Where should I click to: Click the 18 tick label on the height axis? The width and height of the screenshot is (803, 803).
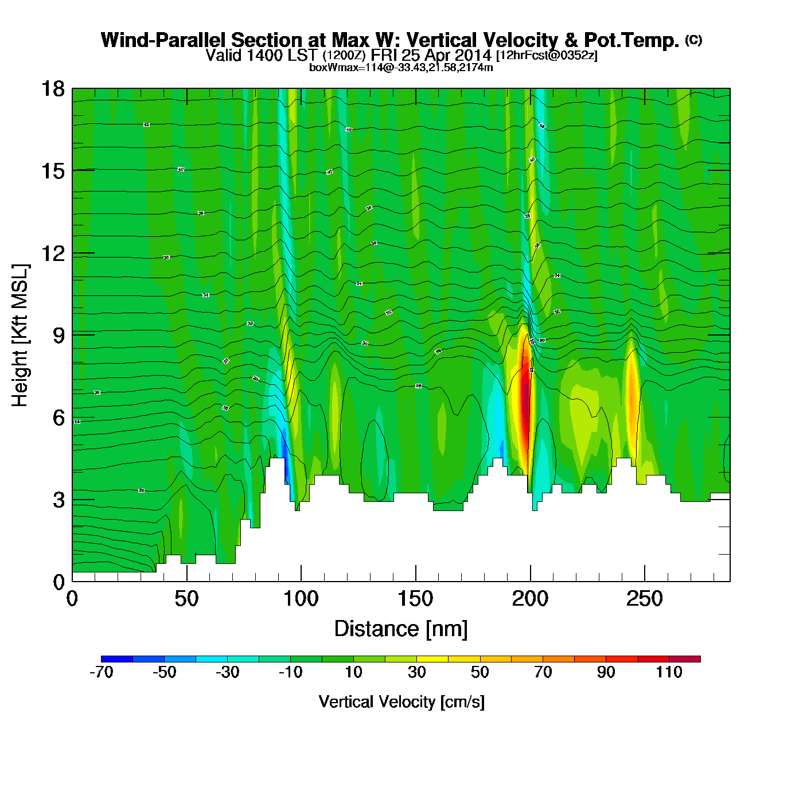click(x=52, y=89)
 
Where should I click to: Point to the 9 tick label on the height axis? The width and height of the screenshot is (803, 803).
click(x=59, y=336)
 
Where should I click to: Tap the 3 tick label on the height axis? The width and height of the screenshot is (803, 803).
click(x=59, y=500)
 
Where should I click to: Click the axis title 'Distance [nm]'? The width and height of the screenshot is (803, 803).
click(x=401, y=629)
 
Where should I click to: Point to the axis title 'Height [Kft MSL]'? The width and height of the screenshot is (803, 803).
click(x=20, y=336)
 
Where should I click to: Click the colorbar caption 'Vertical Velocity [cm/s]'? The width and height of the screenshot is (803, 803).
click(x=402, y=701)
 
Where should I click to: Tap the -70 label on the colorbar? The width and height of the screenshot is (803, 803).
click(x=102, y=672)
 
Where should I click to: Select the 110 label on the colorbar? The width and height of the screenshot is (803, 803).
click(x=669, y=672)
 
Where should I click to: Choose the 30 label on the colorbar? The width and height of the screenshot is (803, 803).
click(x=417, y=672)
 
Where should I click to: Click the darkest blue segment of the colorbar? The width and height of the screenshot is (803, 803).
click(x=117, y=659)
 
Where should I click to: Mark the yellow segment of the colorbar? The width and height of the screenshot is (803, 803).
click(x=432, y=659)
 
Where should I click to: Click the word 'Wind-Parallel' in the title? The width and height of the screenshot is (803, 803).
click(x=164, y=40)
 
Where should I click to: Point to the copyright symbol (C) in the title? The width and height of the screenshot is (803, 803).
click(x=693, y=40)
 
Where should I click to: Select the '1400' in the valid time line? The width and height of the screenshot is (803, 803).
click(x=266, y=55)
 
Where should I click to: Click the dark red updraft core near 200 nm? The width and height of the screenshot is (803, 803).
click(x=524, y=402)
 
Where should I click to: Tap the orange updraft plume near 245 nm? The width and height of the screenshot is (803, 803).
click(x=632, y=396)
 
